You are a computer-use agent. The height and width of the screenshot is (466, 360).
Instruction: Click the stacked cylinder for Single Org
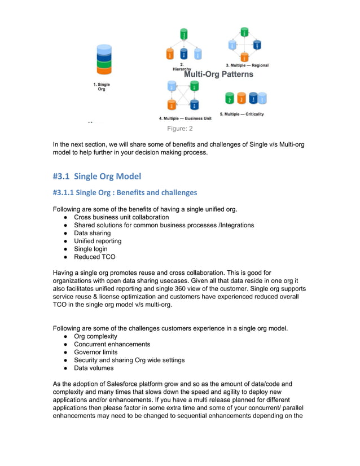pos(103,59)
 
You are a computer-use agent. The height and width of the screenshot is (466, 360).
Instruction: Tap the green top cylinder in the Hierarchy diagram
pos(184,34)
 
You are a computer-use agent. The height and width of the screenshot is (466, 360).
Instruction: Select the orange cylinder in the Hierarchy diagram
pos(170,54)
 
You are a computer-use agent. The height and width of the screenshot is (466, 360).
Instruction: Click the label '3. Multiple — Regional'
pos(247,65)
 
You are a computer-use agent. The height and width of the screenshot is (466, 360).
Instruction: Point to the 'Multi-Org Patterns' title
pos(219,74)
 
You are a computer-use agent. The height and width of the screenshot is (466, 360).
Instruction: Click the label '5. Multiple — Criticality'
pos(242,114)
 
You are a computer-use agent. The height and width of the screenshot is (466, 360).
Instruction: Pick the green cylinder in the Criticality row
pos(229,99)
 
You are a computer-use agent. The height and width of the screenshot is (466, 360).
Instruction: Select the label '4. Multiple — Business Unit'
pos(185,118)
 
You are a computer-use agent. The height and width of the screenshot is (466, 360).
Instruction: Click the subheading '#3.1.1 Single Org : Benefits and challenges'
pos(125,192)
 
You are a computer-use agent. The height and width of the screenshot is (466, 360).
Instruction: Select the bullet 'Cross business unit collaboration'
pos(121,217)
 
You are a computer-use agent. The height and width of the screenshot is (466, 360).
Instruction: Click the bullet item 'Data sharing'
pos(92,233)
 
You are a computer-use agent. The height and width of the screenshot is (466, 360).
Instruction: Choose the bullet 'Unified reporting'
pos(98,241)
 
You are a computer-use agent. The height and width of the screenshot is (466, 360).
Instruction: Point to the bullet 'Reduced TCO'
pos(94,257)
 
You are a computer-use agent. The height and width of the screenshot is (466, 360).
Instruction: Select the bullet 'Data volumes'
pos(94,368)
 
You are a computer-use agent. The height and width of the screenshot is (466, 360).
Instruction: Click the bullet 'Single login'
pos(92,249)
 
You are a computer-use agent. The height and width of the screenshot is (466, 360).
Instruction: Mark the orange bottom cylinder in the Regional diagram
pos(244,56)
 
